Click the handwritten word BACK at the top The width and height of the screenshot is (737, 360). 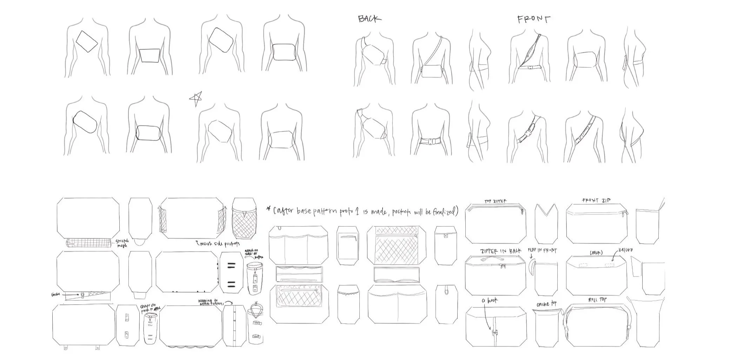coord(369,19)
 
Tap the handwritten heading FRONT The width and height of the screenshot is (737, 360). coord(533,19)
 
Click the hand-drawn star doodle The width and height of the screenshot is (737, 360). coord(196,99)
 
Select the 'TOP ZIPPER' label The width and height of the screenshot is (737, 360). coord(496,201)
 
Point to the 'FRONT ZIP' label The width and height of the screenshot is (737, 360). coord(596,200)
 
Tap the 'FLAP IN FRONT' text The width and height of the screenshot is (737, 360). coord(542,251)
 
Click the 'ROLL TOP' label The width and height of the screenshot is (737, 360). coord(597,300)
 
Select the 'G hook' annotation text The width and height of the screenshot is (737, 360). coord(490,300)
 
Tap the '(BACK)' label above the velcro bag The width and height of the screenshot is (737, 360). coord(596,253)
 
